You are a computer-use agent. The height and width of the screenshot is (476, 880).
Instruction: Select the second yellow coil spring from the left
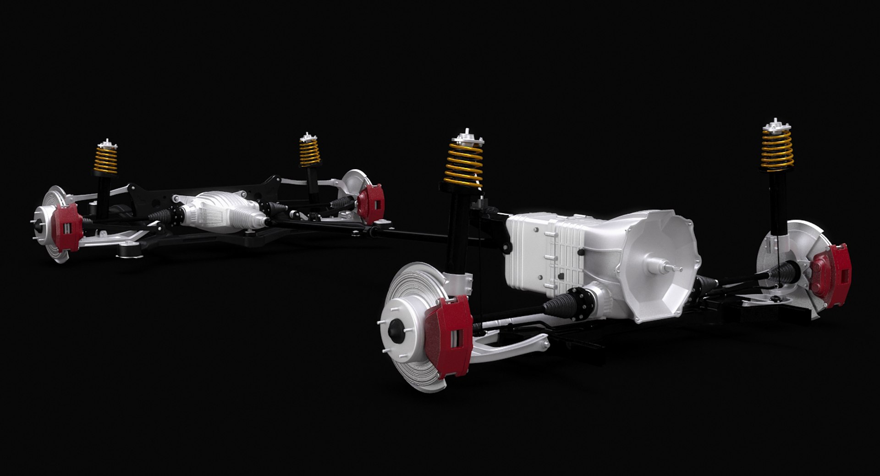[310, 151]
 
